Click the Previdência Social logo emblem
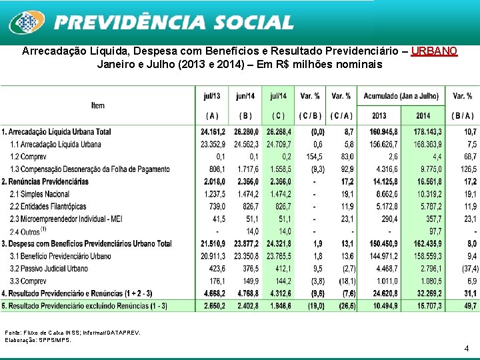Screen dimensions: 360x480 pyautogui.click(x=26, y=23)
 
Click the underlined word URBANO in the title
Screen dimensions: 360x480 pyautogui.click(x=434, y=51)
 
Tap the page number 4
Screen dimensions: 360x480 pyautogui.click(x=466, y=348)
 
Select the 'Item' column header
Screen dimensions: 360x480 pyautogui.click(x=98, y=106)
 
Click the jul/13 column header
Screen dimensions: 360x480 pyautogui.click(x=212, y=96)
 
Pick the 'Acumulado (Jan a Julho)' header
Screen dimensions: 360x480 pyautogui.click(x=401, y=96)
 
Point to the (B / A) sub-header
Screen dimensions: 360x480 pyautogui.click(x=462, y=115)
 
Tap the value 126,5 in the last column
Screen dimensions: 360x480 pyautogui.click(x=465, y=169)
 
